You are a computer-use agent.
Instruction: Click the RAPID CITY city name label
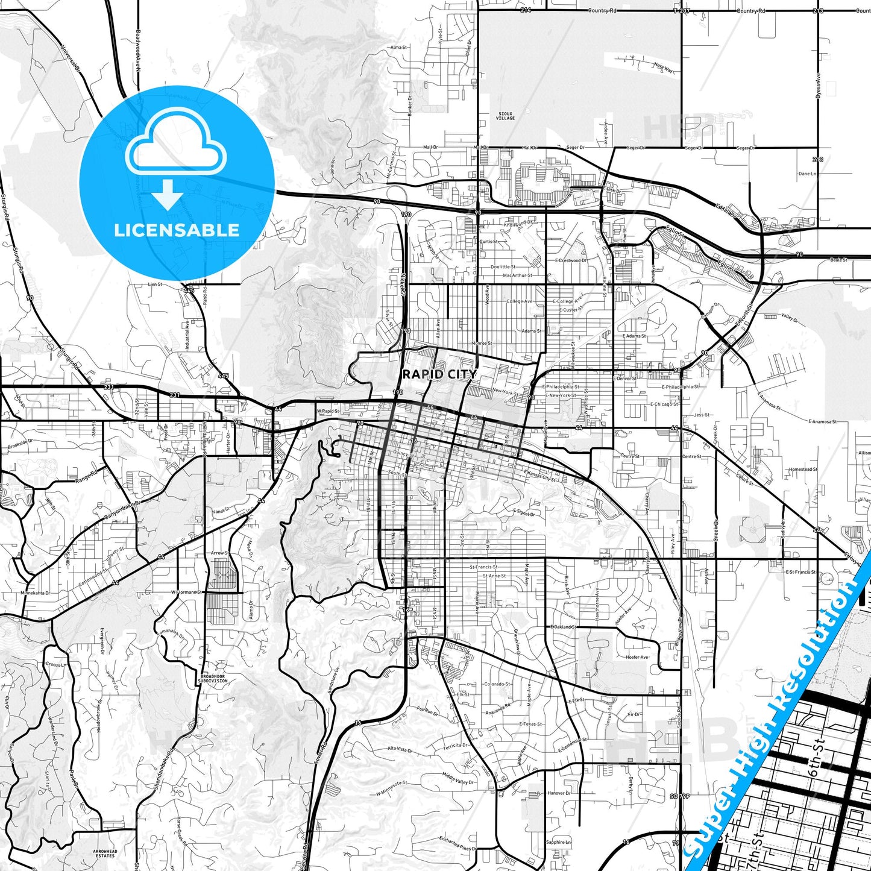point(439,374)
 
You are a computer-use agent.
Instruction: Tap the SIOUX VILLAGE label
point(505,116)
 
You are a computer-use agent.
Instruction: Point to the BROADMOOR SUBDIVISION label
point(214,678)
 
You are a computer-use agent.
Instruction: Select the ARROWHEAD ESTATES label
point(104,854)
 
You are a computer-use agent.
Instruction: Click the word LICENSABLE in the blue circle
point(177,230)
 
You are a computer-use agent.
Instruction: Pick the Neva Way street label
point(662,69)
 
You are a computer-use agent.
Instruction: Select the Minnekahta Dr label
point(36,593)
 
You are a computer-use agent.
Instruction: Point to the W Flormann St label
point(184,592)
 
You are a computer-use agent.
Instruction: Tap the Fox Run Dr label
point(427,711)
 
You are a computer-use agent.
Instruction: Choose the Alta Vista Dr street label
point(400,750)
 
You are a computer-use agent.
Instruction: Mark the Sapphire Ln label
point(559,842)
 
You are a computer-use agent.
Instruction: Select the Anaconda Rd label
point(498,709)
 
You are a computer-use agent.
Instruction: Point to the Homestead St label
point(803,469)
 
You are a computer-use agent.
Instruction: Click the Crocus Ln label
point(56,664)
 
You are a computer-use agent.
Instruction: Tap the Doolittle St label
point(503,266)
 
